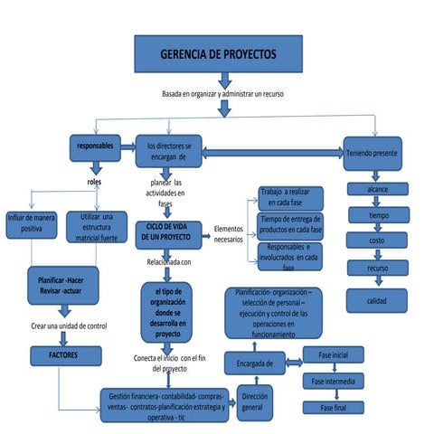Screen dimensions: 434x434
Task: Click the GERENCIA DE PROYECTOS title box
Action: [220, 55]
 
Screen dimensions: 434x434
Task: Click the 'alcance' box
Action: [378, 191]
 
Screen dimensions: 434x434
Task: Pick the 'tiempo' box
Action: [378, 216]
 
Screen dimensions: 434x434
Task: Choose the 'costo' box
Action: [378, 241]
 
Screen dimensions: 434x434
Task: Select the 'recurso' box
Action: [378, 269]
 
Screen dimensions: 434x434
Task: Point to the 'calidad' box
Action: [378, 299]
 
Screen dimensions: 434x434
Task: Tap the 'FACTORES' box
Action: [62, 356]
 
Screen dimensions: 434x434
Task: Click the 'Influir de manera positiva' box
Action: [32, 223]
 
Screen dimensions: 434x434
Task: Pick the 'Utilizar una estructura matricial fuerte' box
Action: [98, 226]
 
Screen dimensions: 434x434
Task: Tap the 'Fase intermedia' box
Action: [333, 381]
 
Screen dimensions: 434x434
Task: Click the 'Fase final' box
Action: [333, 407]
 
